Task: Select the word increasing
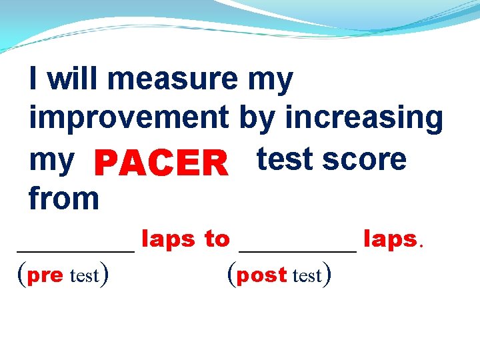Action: point(364,118)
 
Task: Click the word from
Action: point(63,198)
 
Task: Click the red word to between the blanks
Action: point(217,239)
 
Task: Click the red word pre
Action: point(45,275)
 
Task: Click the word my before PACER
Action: point(51,160)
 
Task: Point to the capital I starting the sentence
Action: point(33,79)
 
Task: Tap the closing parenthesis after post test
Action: point(327,274)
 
